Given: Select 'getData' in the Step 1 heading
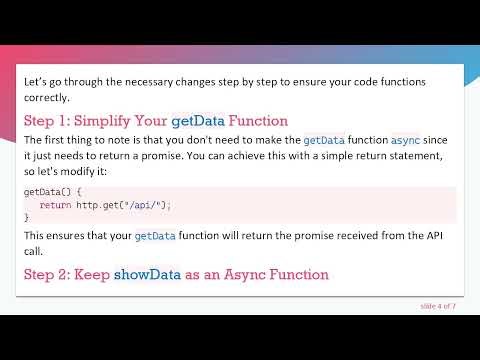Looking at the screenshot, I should [197, 121].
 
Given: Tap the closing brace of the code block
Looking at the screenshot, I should [27, 216].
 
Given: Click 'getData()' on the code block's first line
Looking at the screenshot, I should [44, 191].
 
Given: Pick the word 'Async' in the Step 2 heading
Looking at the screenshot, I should [234, 274].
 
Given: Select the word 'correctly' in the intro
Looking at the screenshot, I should [46, 98].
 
